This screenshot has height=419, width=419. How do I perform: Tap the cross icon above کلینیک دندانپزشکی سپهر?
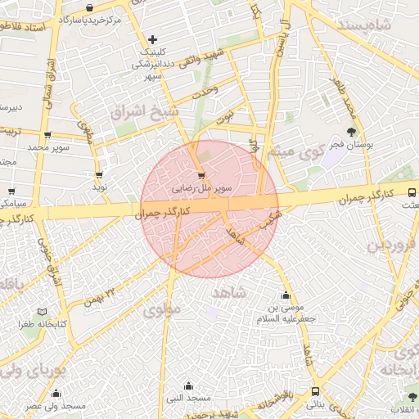tap(153, 39)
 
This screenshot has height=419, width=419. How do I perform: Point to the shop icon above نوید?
tap(99, 174)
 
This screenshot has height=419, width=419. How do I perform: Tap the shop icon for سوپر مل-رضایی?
tap(201, 174)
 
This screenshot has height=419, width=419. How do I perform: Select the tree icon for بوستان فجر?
tap(352, 131)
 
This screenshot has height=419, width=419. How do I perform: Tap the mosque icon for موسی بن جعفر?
tap(286, 295)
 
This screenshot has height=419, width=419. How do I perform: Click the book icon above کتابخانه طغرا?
tap(43, 312)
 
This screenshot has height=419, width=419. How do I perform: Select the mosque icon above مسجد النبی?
tap(189, 385)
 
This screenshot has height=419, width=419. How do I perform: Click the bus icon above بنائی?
tap(316, 391)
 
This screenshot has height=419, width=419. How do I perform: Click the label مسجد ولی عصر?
tap(55, 406)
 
